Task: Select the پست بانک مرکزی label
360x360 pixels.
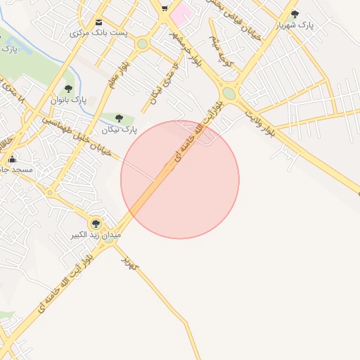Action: [x=98, y=33]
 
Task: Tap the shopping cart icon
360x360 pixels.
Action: [x=164, y=8]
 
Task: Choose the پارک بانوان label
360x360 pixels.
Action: [x=69, y=101]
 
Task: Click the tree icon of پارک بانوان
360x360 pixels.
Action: [x=68, y=89]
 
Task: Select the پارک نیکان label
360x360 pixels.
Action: [x=118, y=129]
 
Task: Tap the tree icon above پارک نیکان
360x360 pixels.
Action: [x=117, y=118]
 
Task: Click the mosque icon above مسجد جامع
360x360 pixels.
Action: [x=12, y=159]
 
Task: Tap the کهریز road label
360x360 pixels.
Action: [x=130, y=262]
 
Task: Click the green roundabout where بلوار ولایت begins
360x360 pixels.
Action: [x=229, y=94]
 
